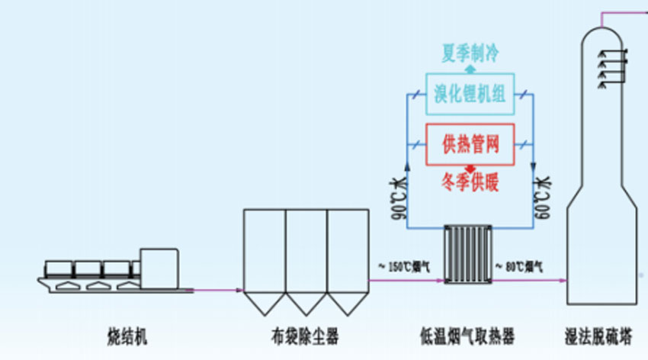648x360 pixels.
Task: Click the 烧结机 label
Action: pos(127,335)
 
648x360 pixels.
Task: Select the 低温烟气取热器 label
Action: pos(467,335)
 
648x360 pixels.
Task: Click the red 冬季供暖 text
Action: pos(470,183)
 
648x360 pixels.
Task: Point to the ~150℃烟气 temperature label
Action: pos(404,267)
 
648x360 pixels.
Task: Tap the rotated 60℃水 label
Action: pos(541,196)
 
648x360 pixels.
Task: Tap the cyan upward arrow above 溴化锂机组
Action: pos(470,69)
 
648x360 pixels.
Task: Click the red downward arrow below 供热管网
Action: pos(470,168)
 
